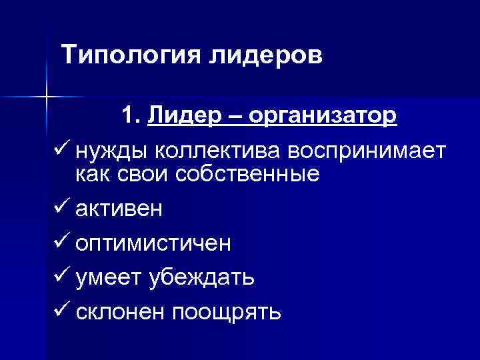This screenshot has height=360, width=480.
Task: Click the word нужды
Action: pyautogui.click(x=111, y=151)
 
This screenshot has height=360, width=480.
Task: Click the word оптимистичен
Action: pyautogui.click(x=153, y=243)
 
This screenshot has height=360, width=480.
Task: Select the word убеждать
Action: pyautogui.click(x=198, y=277)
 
